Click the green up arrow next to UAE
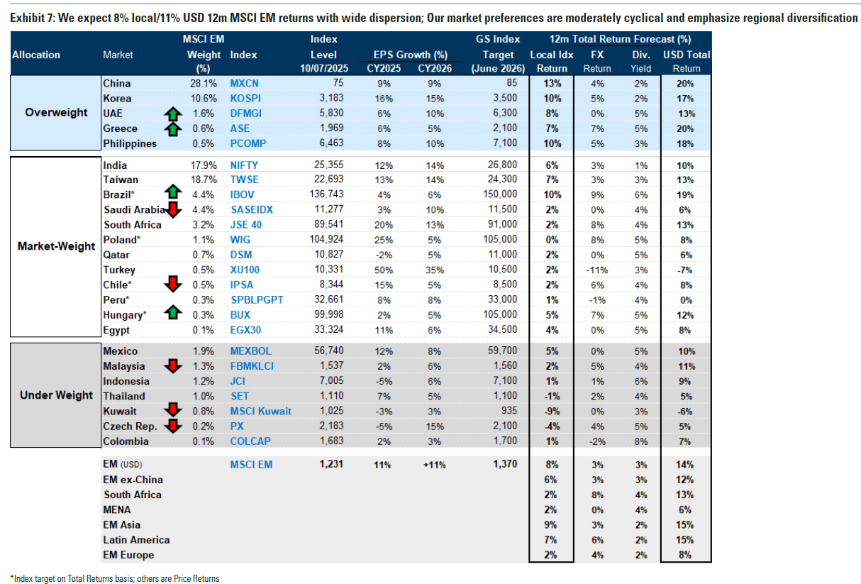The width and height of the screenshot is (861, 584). [x=173, y=114]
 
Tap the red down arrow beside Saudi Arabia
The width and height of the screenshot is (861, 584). [x=173, y=210]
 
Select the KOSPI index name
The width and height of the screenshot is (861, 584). [x=245, y=99]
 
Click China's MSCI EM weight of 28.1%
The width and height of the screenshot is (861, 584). [x=204, y=84]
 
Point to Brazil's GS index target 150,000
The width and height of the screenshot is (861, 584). [x=500, y=194]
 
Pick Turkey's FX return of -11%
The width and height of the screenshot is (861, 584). [x=597, y=270]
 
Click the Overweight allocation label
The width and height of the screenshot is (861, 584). [x=56, y=112]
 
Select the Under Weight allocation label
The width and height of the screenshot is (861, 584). [x=56, y=395]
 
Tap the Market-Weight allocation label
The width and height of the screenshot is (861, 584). [x=56, y=246]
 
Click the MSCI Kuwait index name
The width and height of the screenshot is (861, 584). [x=260, y=411]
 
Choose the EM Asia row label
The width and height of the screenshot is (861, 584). [x=121, y=525]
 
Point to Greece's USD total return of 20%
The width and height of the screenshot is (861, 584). [x=685, y=129]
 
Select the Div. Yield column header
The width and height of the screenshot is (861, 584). [x=640, y=62]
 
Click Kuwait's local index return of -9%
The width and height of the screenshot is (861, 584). [x=552, y=412]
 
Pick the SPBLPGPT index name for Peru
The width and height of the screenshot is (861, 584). [x=257, y=300]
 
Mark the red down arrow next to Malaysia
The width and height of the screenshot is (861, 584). [x=173, y=366]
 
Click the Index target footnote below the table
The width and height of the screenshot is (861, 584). [x=115, y=578]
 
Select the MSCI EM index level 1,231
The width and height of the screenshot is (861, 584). [x=331, y=464]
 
